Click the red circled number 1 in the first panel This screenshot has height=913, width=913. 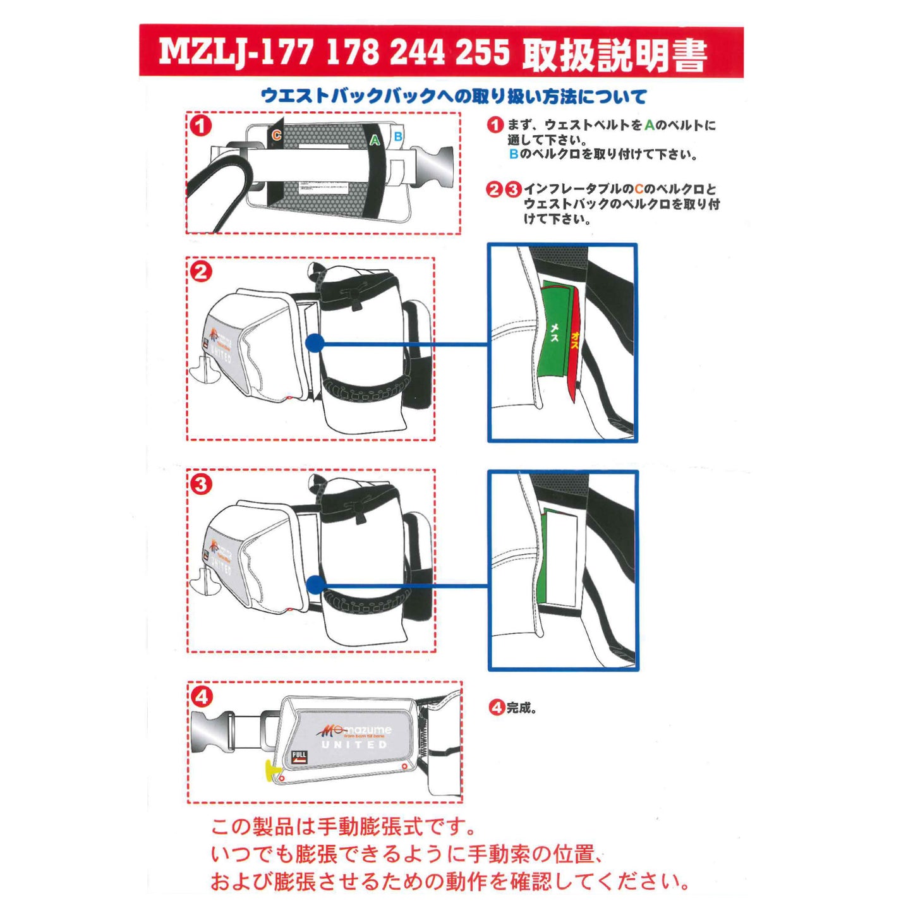tap(201, 126)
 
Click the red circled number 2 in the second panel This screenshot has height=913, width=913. tap(201, 272)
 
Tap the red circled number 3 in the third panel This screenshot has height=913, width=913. tap(201, 485)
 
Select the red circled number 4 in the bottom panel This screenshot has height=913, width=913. tap(202, 697)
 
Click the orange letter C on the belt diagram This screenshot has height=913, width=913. tap(276, 135)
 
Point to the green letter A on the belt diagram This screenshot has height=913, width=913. tap(375, 140)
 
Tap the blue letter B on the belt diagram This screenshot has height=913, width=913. tap(398, 136)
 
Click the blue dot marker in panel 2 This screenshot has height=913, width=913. tap(314, 343)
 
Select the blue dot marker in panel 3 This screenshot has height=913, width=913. tap(315, 585)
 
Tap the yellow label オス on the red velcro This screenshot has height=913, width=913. tap(574, 342)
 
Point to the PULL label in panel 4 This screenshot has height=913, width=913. tap(299, 756)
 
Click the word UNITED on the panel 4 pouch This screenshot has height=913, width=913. tap(354, 745)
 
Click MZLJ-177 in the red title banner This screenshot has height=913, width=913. tap(236, 51)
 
